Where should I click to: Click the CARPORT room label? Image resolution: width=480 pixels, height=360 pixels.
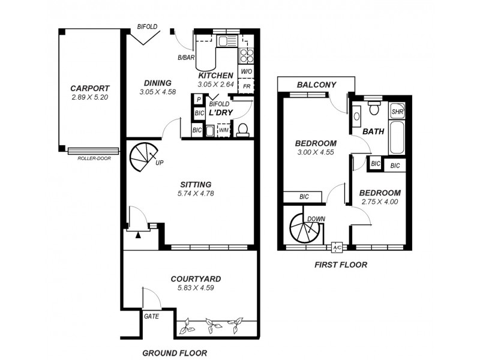89,88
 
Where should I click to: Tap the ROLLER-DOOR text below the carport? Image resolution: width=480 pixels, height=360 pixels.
94,158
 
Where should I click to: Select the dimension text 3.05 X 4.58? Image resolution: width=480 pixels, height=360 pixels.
157,92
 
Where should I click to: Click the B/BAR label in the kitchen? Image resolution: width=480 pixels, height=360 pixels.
186,58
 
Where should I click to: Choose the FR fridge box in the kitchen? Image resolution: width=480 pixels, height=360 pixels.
247,86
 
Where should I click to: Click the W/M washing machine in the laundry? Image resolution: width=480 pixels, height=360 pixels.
223,130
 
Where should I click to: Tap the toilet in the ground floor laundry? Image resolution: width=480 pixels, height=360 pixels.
244,130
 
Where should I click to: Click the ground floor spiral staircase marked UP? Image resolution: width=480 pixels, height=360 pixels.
142,157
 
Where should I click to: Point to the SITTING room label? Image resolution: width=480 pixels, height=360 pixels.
196,184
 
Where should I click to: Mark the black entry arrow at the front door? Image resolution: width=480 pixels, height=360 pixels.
139,235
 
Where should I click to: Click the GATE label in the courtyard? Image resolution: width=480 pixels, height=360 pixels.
152,316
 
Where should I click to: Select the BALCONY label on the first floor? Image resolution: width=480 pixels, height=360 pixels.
316,85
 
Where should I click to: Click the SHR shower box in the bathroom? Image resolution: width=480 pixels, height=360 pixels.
397,112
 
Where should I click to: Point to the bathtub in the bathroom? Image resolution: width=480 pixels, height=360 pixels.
398,137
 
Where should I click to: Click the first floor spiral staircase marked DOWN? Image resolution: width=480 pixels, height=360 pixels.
305,229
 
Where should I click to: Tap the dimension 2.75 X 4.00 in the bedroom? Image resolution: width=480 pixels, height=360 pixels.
379,202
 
